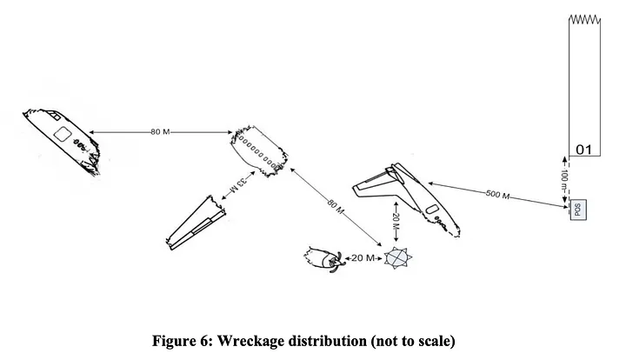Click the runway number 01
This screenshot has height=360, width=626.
click(x=583, y=150)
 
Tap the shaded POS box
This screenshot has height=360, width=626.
click(x=578, y=210)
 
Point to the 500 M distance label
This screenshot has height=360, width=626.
click(x=497, y=195)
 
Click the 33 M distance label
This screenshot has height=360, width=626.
click(x=239, y=184)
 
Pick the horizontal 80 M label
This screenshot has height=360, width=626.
click(x=160, y=131)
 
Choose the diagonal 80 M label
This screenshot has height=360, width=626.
click(x=336, y=206)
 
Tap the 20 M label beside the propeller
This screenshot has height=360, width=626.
click(x=363, y=258)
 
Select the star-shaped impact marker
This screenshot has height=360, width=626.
click(x=397, y=258)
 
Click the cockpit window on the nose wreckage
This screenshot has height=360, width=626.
click(x=54, y=116)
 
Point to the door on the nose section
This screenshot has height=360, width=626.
click(x=63, y=134)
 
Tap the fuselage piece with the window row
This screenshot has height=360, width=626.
click(x=259, y=150)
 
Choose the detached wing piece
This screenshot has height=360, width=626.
click(x=196, y=223)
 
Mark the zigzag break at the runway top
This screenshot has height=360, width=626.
click(x=584, y=19)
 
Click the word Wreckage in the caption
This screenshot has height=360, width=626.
click(x=250, y=341)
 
